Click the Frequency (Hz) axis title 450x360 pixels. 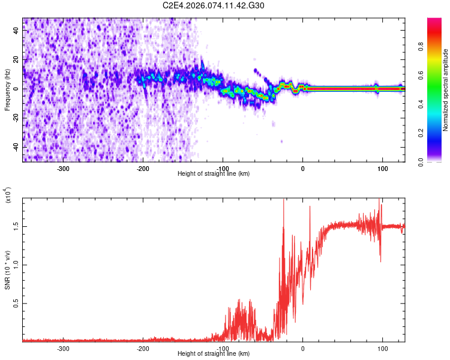[7, 90]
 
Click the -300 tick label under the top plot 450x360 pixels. [64, 169]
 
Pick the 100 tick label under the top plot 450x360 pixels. [382, 169]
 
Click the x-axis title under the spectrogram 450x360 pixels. [214, 173]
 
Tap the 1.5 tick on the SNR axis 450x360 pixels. [16, 226]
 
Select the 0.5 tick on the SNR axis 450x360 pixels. [16, 304]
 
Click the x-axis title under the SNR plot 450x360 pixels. [214, 353]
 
